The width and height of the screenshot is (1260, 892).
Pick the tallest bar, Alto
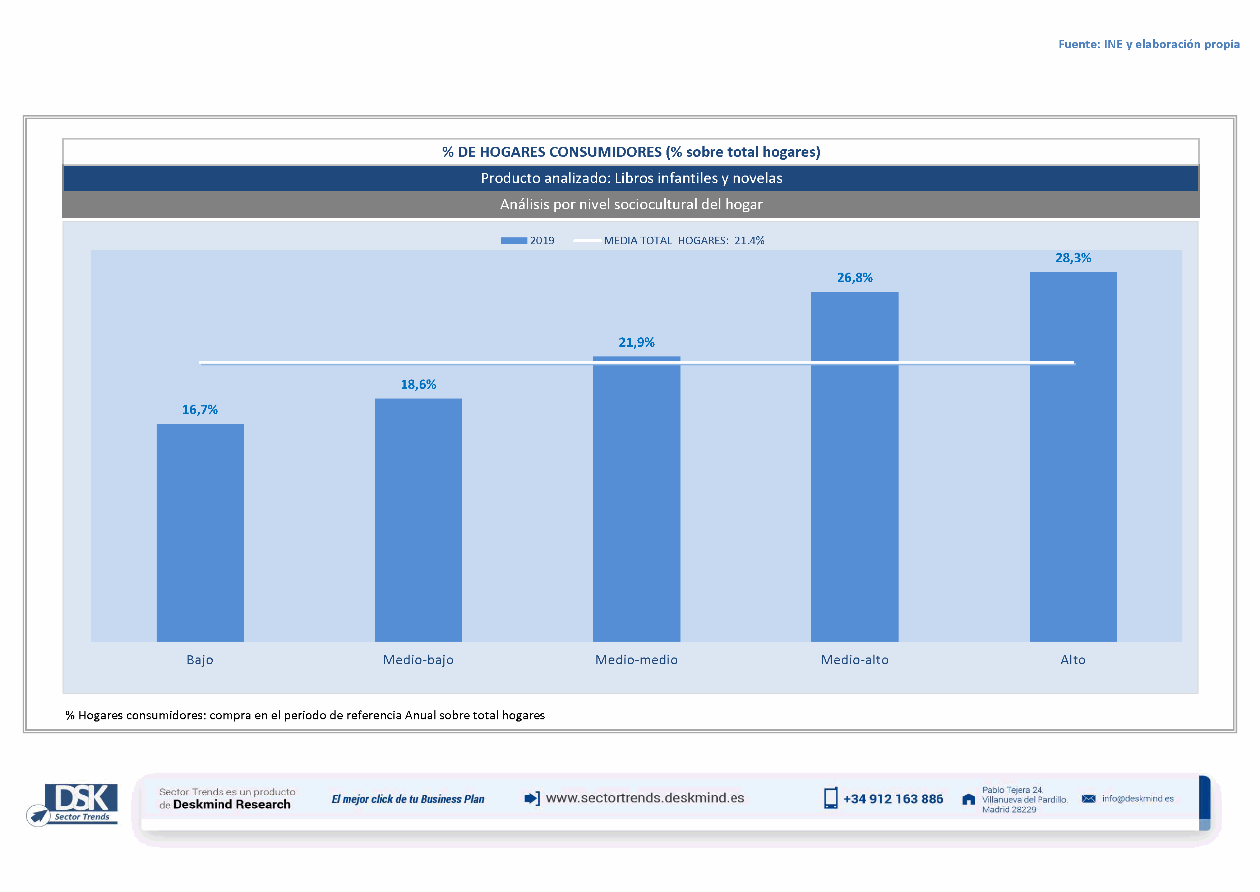1073,456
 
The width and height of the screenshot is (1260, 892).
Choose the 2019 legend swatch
514,241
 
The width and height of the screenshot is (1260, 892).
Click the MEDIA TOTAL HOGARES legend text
684,241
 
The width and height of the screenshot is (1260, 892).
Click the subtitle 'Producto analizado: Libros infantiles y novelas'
631,178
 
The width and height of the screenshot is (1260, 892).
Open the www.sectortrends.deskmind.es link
645,798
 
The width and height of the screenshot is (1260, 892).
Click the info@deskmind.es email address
1137,798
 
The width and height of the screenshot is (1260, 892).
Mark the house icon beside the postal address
969,799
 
